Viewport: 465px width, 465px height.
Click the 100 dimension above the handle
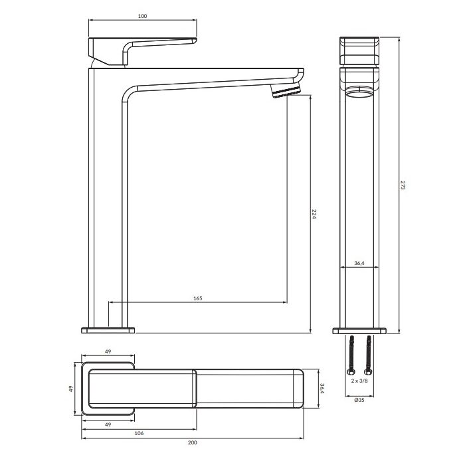pos(142,16)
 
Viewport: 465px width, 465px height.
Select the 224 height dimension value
pos(314,214)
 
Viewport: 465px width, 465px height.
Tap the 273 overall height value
pos(403,185)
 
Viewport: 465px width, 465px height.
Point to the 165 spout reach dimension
pos(198,298)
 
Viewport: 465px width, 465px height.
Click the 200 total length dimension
pos(192,442)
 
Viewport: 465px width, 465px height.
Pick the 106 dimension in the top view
pos(139,433)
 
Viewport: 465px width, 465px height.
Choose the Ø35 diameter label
pos(359,400)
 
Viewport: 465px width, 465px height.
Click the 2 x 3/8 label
pos(359,381)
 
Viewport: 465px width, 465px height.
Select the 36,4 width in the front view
pos(359,263)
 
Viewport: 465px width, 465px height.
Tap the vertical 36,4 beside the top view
pos(322,389)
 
